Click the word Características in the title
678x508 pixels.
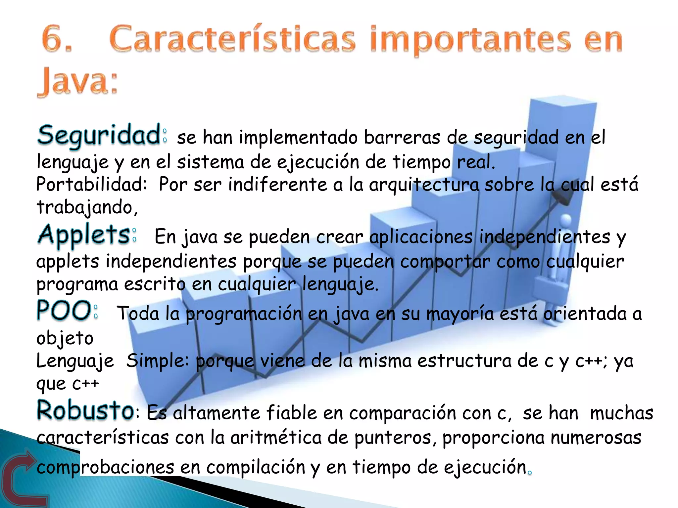232,39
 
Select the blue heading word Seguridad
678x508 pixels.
99,136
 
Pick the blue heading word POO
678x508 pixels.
64,311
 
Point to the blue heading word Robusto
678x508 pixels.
85,410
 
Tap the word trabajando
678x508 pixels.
85,207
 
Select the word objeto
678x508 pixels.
65,338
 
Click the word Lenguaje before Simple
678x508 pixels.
75,361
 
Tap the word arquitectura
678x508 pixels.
424,185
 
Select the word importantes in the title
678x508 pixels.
470,40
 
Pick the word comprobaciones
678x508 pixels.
105,467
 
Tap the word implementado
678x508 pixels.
298,138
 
